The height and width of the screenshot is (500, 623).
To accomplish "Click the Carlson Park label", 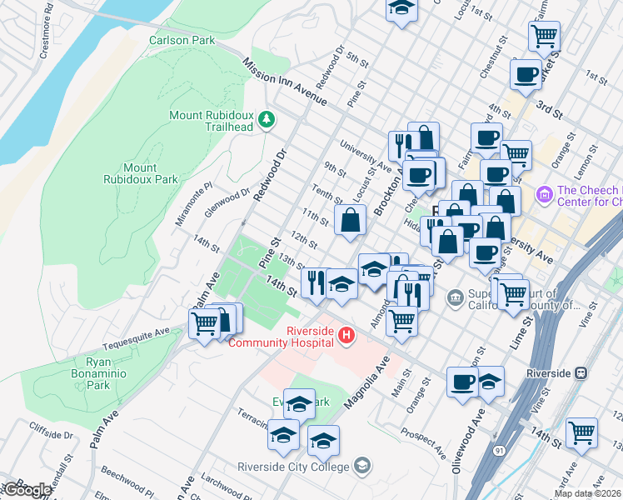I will pos(182,40).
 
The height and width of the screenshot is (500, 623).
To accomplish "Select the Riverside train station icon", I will pos(581,373).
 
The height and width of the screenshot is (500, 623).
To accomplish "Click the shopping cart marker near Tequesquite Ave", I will pos(205,322).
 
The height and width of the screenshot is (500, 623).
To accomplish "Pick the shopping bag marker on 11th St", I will pos(351,220).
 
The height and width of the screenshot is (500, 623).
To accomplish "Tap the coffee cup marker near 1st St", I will pos(526,74).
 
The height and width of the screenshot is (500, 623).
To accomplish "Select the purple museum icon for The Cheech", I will pos(546,195).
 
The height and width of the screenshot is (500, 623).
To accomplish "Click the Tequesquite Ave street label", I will pos(136,338).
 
